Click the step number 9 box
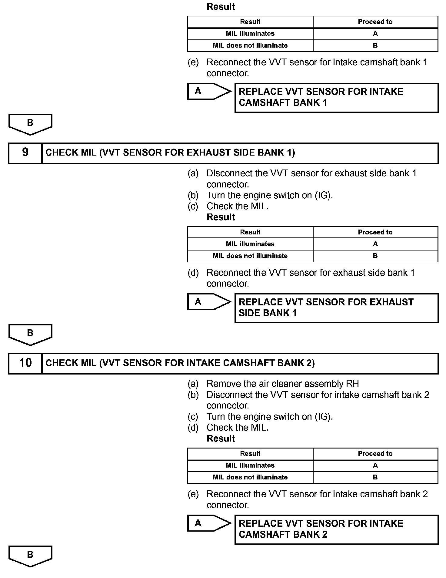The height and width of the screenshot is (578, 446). click(25, 153)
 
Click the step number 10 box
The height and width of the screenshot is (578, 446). click(25, 363)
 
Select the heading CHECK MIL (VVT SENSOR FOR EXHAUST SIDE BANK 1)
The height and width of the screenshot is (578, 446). click(170, 153)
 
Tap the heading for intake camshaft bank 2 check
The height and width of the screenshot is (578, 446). click(180, 363)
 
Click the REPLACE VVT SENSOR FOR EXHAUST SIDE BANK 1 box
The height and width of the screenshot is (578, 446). click(336, 308)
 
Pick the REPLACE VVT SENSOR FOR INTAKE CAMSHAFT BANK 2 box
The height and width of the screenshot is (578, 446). click(336, 529)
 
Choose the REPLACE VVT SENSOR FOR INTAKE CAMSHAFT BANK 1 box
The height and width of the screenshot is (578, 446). click(336, 97)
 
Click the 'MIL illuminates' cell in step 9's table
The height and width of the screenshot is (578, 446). click(250, 244)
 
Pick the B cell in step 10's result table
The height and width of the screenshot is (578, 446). click(375, 477)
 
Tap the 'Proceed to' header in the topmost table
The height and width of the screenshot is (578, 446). click(375, 22)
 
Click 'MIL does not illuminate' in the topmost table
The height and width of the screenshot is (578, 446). click(250, 45)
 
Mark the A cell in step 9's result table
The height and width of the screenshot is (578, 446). click(375, 244)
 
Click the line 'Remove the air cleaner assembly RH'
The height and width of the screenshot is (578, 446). click(282, 384)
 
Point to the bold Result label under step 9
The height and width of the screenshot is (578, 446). click(221, 217)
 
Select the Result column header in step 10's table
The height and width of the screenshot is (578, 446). click(250, 454)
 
